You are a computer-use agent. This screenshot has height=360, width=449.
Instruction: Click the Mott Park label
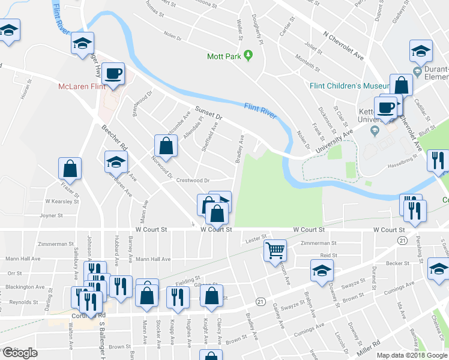[223, 56]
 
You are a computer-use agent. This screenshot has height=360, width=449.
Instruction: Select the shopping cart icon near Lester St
[276, 250]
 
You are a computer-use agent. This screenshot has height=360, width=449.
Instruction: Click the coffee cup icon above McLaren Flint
[113, 74]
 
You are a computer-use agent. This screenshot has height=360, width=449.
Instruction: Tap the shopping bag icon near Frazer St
[70, 169]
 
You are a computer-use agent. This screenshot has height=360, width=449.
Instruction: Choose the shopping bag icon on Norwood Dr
[166, 145]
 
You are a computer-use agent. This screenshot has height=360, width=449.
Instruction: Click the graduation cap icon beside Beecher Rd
[116, 161]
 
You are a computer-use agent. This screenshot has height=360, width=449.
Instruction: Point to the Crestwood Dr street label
[192, 180]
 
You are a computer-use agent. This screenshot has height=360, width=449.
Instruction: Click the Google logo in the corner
[20, 353]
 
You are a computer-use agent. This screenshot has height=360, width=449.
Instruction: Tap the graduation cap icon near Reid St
[322, 271]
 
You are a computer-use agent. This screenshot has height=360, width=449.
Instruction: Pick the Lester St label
[256, 239]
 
